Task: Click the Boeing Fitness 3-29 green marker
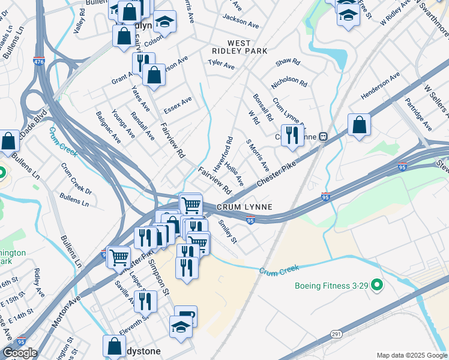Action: (x=377, y=286)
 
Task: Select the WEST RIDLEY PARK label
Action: (x=240, y=47)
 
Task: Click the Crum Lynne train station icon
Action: (x=323, y=136)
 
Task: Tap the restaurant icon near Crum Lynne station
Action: (x=292, y=135)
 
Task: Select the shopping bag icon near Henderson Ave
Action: (x=358, y=125)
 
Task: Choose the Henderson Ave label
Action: (x=380, y=86)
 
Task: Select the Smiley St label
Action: (x=228, y=231)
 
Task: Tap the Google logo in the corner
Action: (x=20, y=353)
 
